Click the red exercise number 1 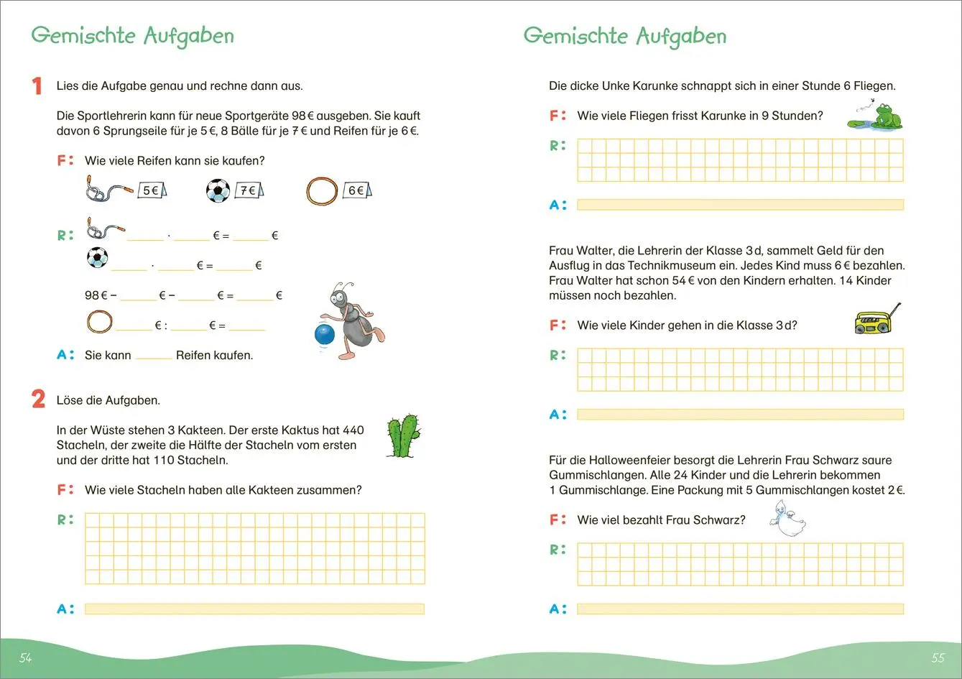[x=37, y=86]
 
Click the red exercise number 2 [x=39, y=399]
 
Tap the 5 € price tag [x=152, y=190]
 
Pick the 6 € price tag [x=357, y=190]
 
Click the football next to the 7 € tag [x=218, y=190]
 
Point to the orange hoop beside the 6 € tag [x=322, y=191]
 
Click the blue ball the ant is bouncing [x=325, y=335]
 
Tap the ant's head [x=341, y=295]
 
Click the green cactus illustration [x=403, y=435]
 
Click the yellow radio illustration [x=874, y=322]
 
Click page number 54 [x=26, y=657]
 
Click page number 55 [x=938, y=657]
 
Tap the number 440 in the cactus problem [x=353, y=430]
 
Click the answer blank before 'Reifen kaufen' [x=154, y=355]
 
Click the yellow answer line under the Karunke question [x=740, y=205]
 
